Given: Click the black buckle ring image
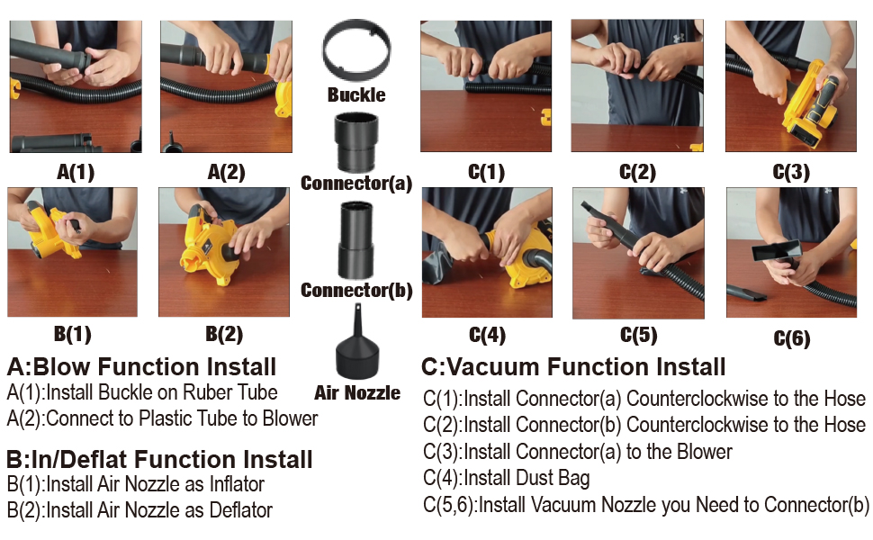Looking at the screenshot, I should (x=356, y=53).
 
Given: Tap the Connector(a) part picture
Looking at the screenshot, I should (x=355, y=141).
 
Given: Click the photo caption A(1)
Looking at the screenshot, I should (x=75, y=172).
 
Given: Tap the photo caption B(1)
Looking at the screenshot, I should (x=72, y=334).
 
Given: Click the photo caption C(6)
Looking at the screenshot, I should (x=791, y=338).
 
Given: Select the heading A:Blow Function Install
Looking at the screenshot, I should (x=141, y=367).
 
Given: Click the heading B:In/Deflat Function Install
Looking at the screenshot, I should (x=159, y=460).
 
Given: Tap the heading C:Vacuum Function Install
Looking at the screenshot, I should (x=573, y=367).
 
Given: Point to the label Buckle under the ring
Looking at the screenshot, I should (x=356, y=94).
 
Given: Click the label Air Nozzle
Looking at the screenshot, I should (x=357, y=393).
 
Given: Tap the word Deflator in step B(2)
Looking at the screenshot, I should (x=237, y=510).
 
